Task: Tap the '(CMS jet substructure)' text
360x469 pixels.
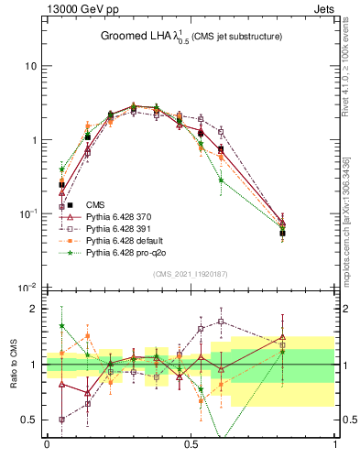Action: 235,37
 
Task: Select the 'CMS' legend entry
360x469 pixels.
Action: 94,204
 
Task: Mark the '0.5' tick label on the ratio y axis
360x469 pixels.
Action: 30,420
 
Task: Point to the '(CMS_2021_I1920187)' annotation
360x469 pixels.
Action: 191,274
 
